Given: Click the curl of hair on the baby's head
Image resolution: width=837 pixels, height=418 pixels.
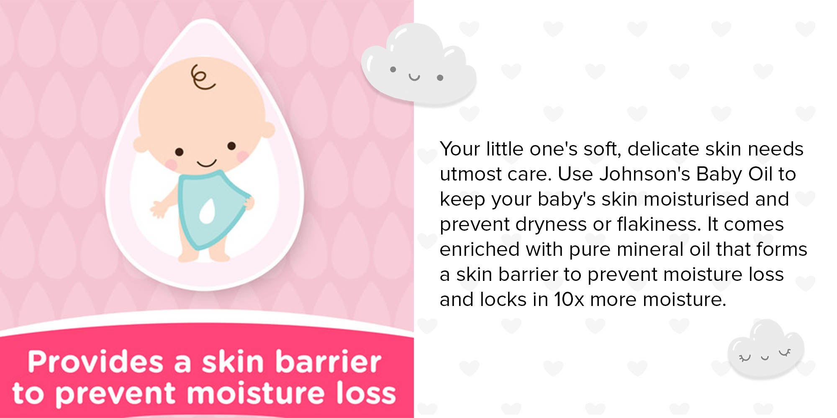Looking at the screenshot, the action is click(x=202, y=78).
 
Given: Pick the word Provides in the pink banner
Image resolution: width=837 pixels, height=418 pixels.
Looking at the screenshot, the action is click(x=95, y=362).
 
